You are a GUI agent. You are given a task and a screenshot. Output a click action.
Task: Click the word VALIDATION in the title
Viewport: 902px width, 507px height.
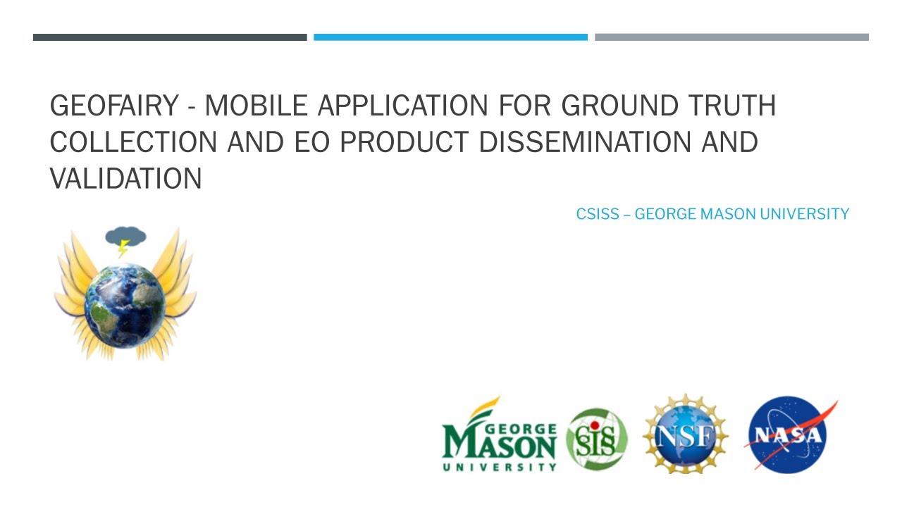[x=125, y=179]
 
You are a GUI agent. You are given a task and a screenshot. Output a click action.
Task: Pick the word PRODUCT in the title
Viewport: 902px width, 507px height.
[x=404, y=142]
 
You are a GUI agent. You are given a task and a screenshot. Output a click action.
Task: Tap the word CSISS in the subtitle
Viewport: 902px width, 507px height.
[x=598, y=214]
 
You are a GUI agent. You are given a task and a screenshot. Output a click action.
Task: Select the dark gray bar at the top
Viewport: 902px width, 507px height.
[x=170, y=37]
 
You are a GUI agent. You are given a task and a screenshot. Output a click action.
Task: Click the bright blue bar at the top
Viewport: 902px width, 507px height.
[x=450, y=37]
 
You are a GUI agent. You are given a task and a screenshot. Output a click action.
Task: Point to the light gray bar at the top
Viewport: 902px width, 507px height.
[x=731, y=37]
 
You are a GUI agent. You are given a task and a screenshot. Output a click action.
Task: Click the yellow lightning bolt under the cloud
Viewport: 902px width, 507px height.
[x=123, y=248]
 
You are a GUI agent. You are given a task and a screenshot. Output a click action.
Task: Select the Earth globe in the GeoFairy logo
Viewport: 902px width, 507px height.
[x=125, y=305]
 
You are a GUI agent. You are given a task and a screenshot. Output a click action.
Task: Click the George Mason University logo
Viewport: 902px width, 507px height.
[x=499, y=437]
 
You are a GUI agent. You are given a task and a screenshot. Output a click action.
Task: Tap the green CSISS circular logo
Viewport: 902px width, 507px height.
[x=597, y=439]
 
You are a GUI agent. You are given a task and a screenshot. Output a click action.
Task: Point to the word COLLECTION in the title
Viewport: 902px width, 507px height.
[x=134, y=142]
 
